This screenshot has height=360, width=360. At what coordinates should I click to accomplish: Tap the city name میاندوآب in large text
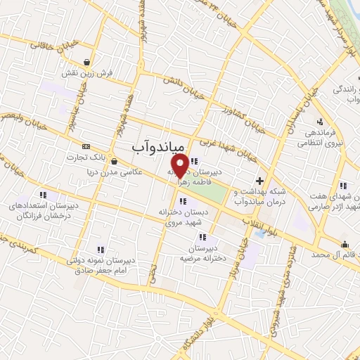coord(159,146)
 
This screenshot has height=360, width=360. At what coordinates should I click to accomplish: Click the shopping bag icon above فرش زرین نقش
coord(86,61)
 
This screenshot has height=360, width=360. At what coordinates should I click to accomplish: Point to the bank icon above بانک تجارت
coord(86,146)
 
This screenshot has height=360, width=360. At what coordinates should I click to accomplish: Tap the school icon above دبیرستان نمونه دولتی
coord(100,249)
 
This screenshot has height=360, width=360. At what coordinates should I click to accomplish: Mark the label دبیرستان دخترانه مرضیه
coord(211,255)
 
